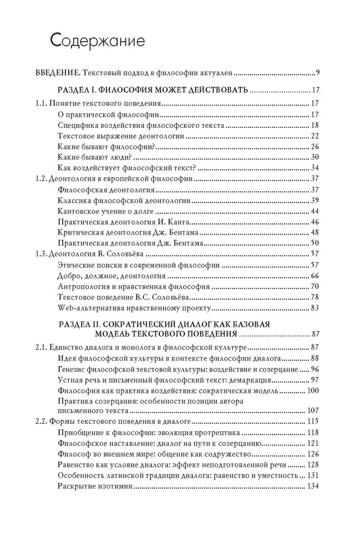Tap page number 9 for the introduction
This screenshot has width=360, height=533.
317,72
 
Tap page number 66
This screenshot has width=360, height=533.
315,276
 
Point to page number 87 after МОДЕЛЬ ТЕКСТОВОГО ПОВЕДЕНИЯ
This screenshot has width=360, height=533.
315,334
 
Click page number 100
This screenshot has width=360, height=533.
313,391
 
